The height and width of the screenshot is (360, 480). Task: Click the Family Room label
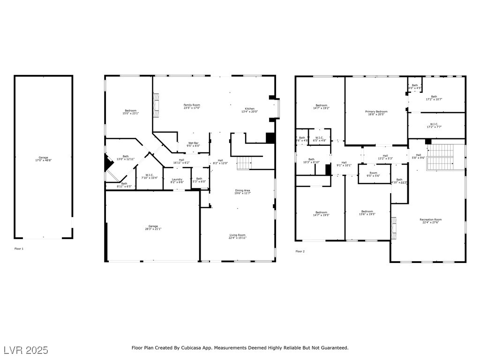(x=192, y=105)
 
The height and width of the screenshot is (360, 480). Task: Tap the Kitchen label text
(x=250, y=109)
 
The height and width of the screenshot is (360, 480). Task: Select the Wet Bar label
(x=194, y=143)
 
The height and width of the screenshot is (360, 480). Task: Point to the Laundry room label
(x=177, y=179)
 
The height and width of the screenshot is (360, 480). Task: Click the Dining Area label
(x=243, y=191)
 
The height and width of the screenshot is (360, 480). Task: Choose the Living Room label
(x=238, y=235)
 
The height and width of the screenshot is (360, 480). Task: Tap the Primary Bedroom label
(x=376, y=112)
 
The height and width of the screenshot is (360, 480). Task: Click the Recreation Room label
(x=430, y=220)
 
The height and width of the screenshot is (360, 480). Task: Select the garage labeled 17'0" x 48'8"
(x=43, y=158)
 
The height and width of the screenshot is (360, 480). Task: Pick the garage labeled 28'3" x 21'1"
(x=153, y=226)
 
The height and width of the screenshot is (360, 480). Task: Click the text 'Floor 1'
(x=19, y=248)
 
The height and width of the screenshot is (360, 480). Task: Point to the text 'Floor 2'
(x=300, y=252)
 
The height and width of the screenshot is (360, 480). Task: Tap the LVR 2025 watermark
(x=26, y=350)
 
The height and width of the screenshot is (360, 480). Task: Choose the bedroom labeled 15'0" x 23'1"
(x=129, y=111)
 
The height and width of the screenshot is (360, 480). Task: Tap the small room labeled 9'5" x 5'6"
(x=373, y=173)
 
